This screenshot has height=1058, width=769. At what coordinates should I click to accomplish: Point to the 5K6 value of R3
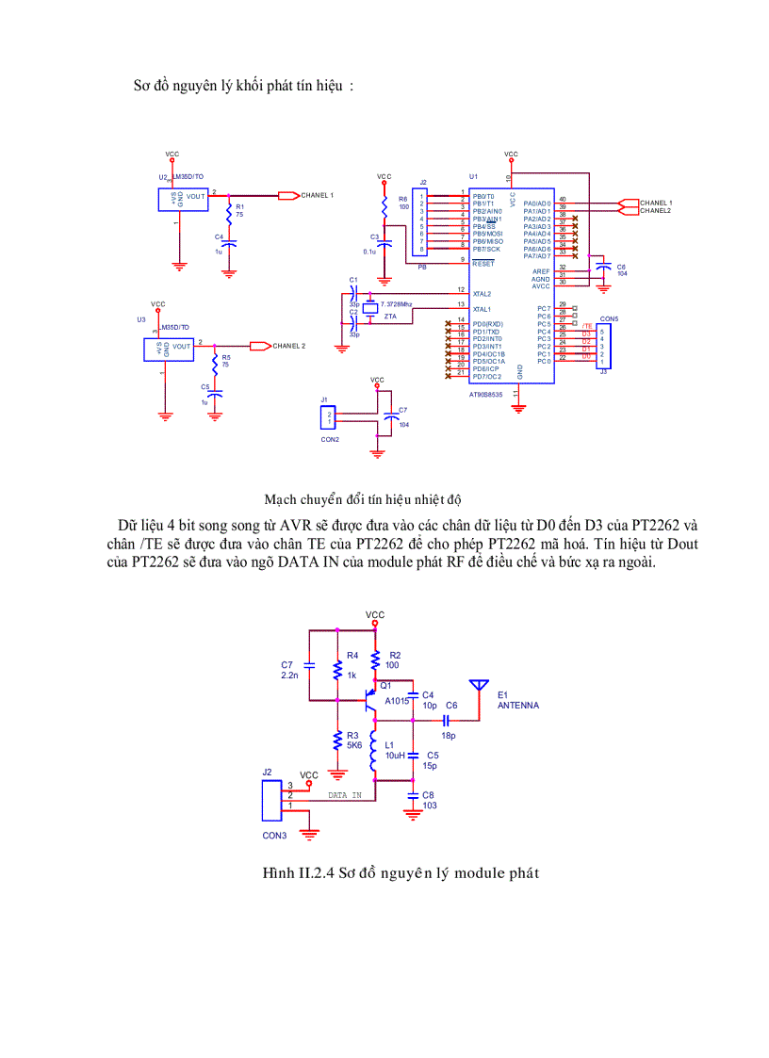[x=353, y=745]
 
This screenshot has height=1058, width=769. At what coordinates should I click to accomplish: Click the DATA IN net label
[x=344, y=795]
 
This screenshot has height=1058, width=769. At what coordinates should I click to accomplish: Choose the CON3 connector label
[x=274, y=836]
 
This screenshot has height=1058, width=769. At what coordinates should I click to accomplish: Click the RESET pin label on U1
[x=483, y=264]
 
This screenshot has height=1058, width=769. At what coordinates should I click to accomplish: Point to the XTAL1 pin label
[x=482, y=309]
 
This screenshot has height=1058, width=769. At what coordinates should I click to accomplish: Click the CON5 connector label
[x=608, y=319]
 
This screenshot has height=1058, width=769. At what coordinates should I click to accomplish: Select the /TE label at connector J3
[x=586, y=325]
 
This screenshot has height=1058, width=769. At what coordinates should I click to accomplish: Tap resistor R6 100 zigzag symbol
[x=384, y=204]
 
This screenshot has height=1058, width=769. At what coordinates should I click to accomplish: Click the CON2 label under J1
[x=330, y=439]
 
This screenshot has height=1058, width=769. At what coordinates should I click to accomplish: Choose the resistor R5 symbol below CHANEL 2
[x=215, y=361]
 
